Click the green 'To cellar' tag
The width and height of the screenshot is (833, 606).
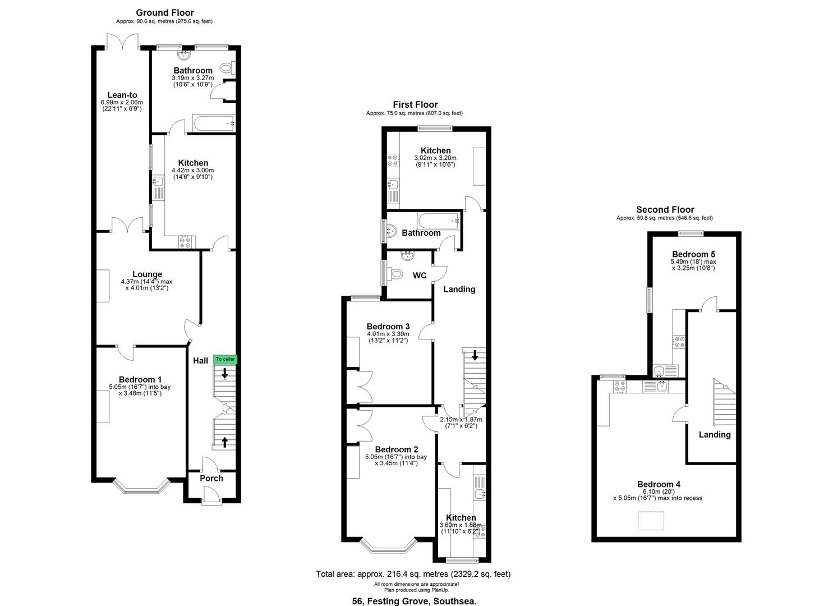225,359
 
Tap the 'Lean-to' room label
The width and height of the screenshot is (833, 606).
122,95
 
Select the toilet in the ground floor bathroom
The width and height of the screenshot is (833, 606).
226,68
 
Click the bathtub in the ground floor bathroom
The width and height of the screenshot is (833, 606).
214,123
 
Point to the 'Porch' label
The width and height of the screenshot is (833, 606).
211,479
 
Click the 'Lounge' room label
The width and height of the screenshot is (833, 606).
148,274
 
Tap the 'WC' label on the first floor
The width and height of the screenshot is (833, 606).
420,276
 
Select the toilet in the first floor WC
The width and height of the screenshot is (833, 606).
395,274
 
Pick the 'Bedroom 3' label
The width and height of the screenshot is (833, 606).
388,326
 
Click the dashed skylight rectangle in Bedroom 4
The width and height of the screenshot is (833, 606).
651,521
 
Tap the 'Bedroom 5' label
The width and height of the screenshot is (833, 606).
693,254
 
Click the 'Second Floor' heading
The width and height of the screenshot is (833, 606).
665,209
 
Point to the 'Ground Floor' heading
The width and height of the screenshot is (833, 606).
165,13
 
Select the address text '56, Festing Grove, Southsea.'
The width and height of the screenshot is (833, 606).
415,601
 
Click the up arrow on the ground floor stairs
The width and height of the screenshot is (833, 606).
224,442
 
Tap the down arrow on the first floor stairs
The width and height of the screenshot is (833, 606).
475,355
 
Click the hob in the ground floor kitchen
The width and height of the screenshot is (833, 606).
185,242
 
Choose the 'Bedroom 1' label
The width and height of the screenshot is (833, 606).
140,379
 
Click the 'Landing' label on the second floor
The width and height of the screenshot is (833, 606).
715,434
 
